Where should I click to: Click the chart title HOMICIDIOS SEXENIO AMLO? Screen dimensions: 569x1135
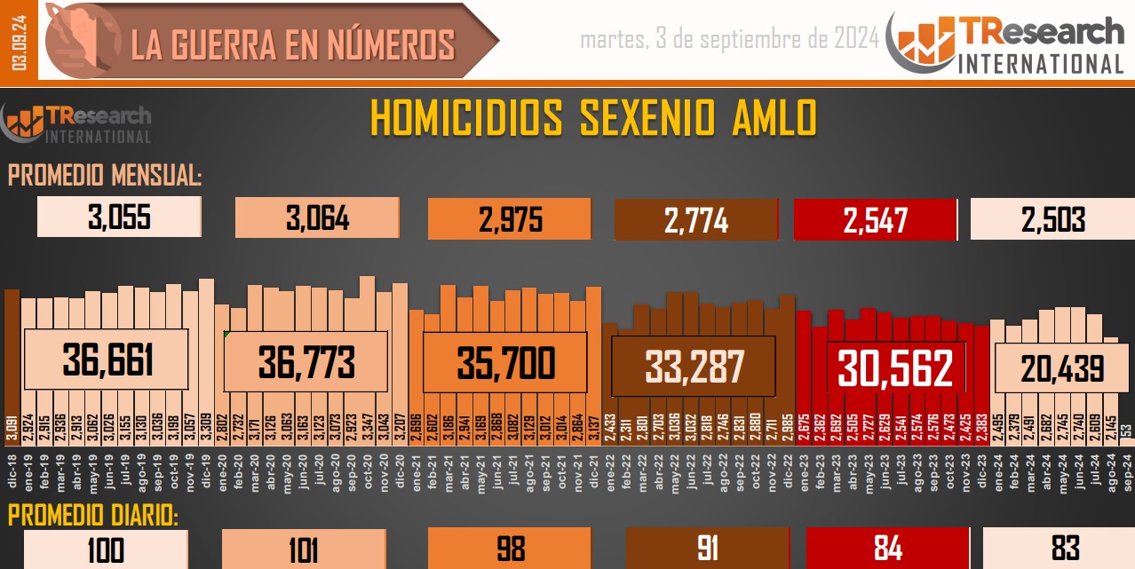[x=592, y=119]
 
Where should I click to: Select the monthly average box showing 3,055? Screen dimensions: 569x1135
[x=119, y=217]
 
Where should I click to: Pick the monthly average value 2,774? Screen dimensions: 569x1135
[x=695, y=219]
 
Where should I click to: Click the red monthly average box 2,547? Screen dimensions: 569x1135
[x=875, y=219]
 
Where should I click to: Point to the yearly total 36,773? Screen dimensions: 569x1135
[x=306, y=361]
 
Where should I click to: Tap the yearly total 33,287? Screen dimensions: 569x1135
[x=694, y=365]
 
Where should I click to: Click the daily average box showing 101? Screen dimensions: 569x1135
[x=303, y=549]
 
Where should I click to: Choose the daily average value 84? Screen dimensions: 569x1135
[x=887, y=549]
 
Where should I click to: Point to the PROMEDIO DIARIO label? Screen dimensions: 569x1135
[x=93, y=516]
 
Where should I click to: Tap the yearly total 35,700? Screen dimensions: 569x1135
[x=505, y=362]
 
